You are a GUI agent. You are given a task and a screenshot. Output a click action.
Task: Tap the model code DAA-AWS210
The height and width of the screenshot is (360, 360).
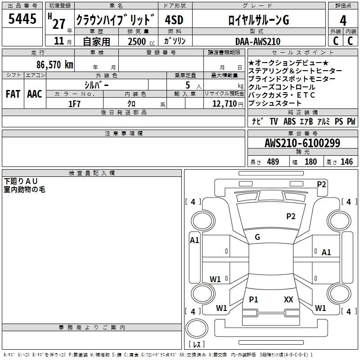point(258,41)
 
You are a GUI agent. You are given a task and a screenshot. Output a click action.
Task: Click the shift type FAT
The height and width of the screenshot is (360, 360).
point(13,94)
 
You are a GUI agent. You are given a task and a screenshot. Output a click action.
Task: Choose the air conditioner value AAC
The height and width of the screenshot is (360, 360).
point(34,94)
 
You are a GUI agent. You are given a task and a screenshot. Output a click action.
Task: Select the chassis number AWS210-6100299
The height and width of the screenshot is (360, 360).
point(302,144)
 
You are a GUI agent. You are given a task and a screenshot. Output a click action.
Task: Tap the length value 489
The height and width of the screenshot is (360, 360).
point(272,162)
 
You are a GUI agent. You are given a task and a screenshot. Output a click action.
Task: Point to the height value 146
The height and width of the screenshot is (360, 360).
point(346,162)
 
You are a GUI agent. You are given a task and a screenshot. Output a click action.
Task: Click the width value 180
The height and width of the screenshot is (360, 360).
point(310,162)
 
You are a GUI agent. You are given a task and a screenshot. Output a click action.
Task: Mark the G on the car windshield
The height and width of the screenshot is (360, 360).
point(257,237)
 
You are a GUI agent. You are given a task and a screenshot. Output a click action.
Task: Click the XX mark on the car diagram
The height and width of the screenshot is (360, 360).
point(288,299)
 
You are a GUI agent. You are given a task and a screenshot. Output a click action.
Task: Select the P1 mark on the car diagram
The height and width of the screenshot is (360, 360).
point(253,299)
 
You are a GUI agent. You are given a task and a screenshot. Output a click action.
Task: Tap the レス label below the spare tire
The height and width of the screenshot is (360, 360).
point(196,345)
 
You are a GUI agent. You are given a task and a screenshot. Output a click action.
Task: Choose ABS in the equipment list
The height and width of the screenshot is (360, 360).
point(289,121)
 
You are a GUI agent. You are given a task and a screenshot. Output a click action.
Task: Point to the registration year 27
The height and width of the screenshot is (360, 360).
point(59,23)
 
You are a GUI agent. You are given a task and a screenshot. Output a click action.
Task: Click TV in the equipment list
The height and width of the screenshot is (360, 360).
point(274,121)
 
